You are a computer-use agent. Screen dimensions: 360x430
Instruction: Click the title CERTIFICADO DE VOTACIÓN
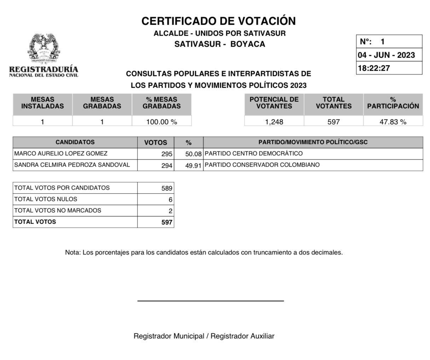tap(219, 21)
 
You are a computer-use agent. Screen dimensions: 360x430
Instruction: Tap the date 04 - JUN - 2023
tap(386, 55)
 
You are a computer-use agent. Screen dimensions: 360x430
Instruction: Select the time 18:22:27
tap(374, 68)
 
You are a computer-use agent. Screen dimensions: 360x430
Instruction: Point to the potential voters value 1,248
tap(274, 122)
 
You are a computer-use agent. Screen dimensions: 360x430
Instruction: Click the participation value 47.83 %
tap(393, 122)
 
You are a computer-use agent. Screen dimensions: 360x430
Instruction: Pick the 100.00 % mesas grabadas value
tap(162, 122)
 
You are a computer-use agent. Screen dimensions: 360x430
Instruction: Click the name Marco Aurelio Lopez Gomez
tap(61, 154)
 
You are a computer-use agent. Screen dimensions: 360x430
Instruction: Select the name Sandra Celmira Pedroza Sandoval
tap(72, 165)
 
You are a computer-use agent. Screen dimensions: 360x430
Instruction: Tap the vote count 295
tap(167, 154)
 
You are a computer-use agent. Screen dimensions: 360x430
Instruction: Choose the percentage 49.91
tap(193, 165)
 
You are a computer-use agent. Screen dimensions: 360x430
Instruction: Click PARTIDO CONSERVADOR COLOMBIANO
tap(262, 165)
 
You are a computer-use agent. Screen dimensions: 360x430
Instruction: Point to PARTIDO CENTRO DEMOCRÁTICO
tap(254, 154)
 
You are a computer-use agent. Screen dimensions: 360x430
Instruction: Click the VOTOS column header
tap(156, 143)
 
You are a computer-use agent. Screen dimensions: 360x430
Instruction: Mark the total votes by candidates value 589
tap(167, 188)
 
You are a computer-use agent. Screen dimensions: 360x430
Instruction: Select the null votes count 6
tap(170, 200)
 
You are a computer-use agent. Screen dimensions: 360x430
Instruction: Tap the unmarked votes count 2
tap(170, 211)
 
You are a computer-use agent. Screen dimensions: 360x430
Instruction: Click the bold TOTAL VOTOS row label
tap(35, 222)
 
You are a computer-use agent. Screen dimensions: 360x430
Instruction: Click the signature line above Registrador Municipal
tap(210, 301)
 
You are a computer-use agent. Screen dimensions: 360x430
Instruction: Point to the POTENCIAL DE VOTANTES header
tap(274, 103)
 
